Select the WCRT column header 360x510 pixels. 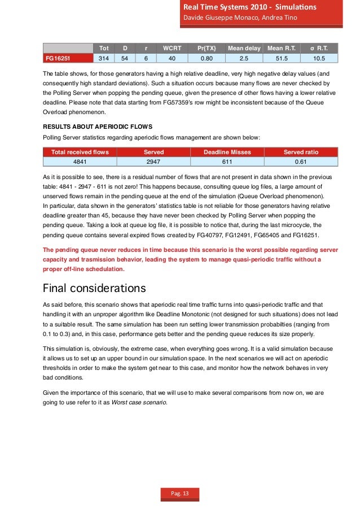click(x=168, y=49)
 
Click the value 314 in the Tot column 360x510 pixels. click(x=103, y=58)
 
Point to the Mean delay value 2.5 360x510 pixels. click(x=244, y=58)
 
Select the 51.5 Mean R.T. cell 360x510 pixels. click(x=282, y=58)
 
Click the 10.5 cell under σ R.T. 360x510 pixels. click(x=319, y=58)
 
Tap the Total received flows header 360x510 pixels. click(x=80, y=152)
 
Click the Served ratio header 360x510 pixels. click(x=301, y=152)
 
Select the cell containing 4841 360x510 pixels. click(x=80, y=161)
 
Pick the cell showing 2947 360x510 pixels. click(x=153, y=161)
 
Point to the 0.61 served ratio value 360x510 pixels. click(x=301, y=161)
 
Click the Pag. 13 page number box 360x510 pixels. click(x=180, y=494)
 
